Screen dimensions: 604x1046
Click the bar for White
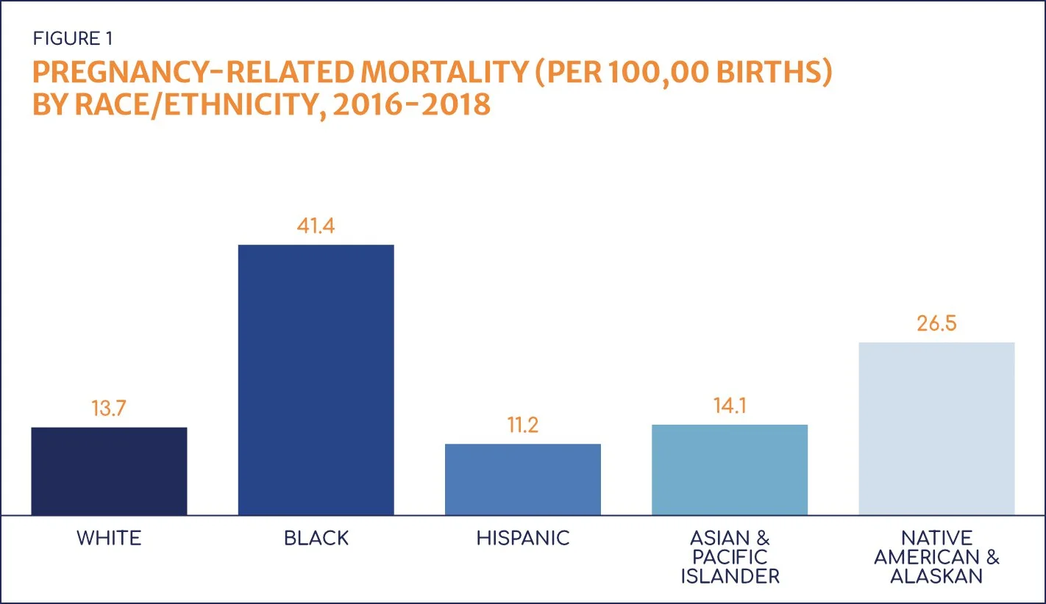(109, 471)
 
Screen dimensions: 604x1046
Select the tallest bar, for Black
(316, 380)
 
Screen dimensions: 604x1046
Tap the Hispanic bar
(523, 479)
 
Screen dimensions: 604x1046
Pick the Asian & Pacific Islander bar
(730, 470)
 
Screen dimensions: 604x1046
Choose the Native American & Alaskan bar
(936, 428)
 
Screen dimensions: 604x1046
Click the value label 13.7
(109, 408)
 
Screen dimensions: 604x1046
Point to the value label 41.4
(316, 226)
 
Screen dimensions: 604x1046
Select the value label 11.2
(523, 425)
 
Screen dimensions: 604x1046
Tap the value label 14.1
(730, 406)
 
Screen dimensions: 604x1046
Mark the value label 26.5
(936, 323)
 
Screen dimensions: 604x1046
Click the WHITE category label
(109, 539)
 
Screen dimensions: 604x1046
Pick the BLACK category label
(316, 539)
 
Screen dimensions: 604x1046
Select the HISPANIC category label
(523, 539)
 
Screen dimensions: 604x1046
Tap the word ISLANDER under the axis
(730, 577)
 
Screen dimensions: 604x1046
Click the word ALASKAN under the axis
(936, 577)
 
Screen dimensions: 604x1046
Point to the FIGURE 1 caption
(73, 38)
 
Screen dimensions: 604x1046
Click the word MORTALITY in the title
(420, 73)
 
